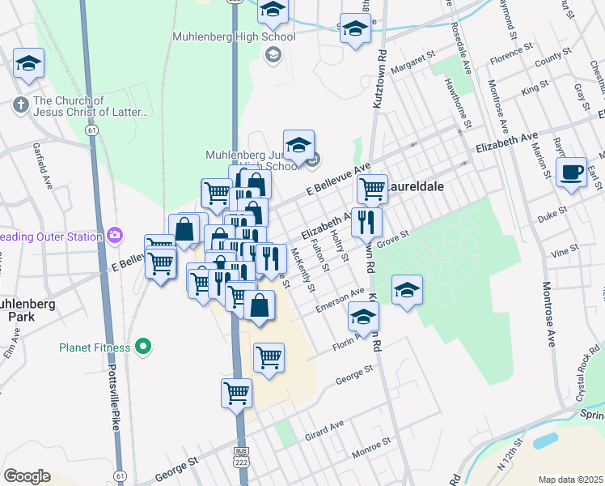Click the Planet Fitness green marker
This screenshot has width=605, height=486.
click(x=144, y=347)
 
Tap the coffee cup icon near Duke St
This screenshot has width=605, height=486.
click(x=572, y=173)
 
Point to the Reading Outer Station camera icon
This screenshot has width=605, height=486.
click(x=116, y=236)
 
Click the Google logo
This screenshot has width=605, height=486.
click(x=27, y=475)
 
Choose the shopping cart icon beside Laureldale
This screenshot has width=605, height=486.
click(x=372, y=189)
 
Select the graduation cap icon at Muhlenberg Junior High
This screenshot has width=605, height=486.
click(x=298, y=144)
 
